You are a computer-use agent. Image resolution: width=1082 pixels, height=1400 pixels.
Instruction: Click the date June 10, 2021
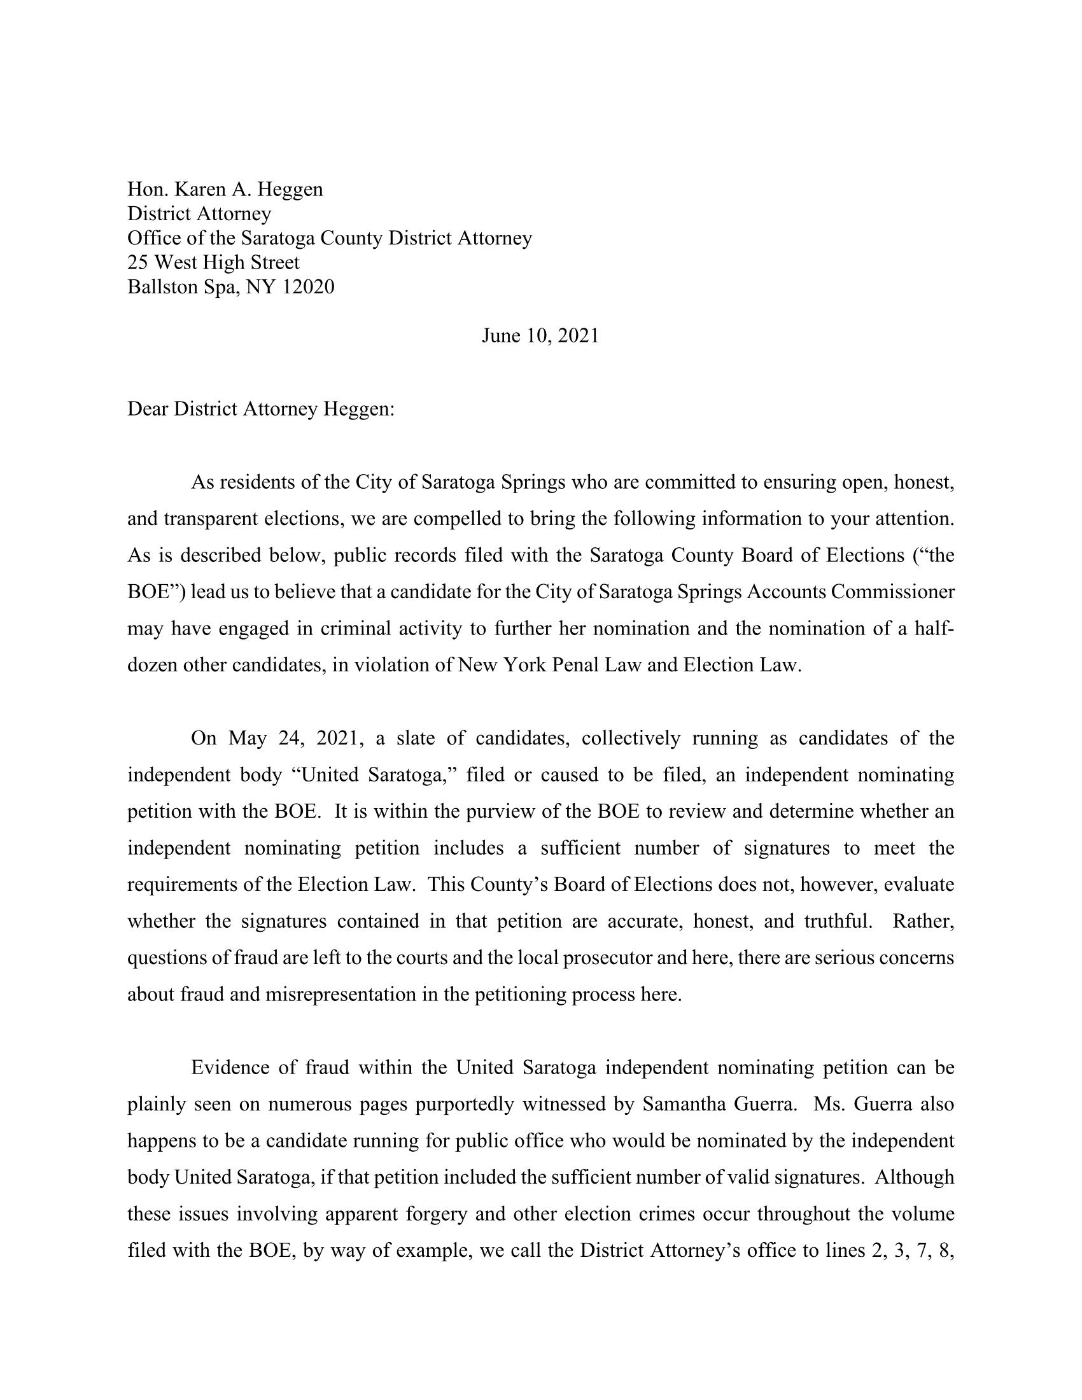pyautogui.click(x=540, y=336)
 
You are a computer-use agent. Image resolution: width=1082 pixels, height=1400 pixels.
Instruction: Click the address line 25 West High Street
pyautogui.click(x=213, y=262)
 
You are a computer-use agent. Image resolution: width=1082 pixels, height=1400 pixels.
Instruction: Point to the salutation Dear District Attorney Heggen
pyautogui.click(x=261, y=409)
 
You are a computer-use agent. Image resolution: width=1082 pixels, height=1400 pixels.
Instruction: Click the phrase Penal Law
pyautogui.click(x=599, y=665)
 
